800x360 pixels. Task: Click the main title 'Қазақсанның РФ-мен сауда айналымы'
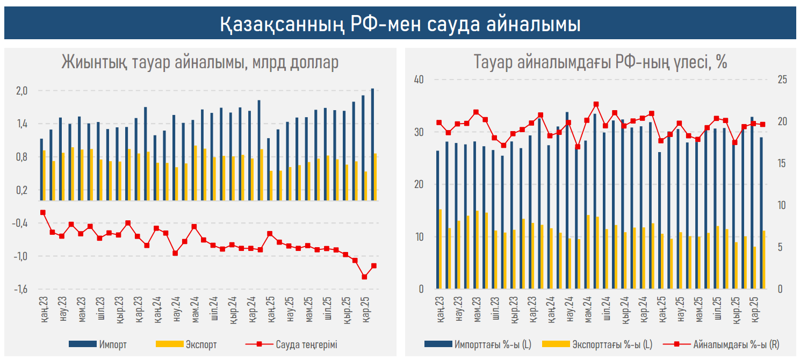pos(400,25)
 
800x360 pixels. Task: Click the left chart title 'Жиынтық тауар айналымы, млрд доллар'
pos(200,63)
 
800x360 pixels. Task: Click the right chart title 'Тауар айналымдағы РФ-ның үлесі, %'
pos(600,63)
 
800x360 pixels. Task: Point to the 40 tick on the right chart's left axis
pos(419,80)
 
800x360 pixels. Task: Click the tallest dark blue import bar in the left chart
pos(373,145)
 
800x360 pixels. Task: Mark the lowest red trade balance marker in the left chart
pos(364,277)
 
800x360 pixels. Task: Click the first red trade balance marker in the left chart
pos(43,212)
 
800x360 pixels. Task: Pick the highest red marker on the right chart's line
pos(596,104)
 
